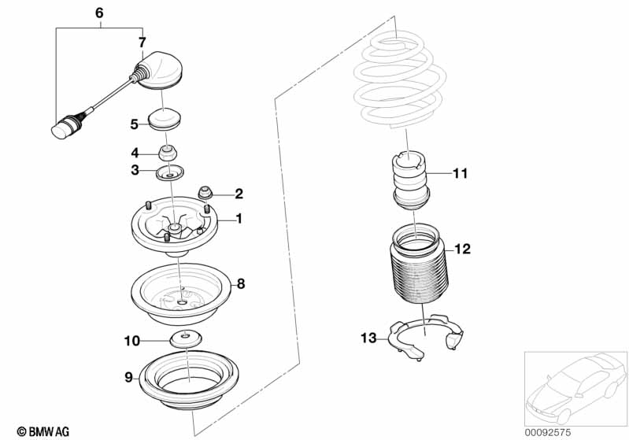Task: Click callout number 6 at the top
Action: (98, 13)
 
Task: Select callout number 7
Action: (142, 42)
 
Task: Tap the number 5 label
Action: (134, 124)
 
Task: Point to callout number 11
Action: (460, 173)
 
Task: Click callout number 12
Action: (462, 250)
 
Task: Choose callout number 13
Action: (368, 338)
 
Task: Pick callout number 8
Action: (242, 282)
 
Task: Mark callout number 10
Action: (131, 341)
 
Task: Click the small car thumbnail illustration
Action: (575, 385)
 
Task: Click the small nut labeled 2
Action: (206, 192)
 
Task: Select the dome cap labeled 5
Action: (165, 122)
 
